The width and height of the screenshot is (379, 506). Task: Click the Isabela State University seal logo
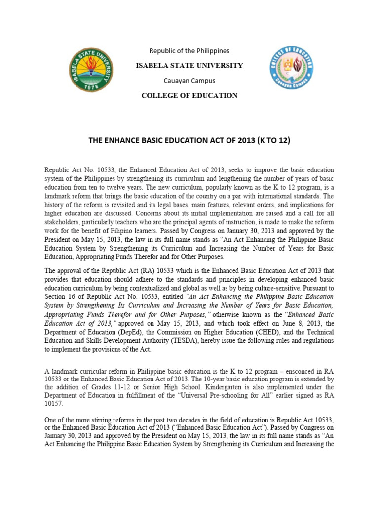[91, 70]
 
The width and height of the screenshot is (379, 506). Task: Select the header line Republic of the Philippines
[189, 51]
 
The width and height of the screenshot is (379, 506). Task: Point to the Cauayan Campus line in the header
[189, 80]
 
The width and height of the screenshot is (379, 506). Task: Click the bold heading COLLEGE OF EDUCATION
[189, 95]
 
